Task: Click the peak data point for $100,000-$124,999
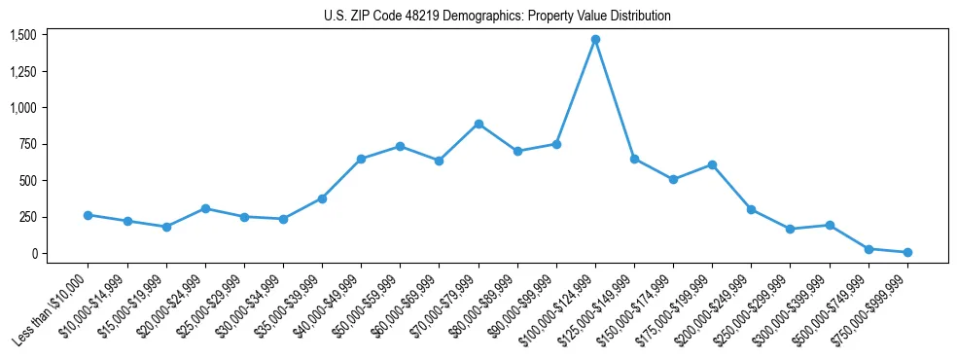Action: point(595,40)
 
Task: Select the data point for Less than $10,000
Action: point(89,215)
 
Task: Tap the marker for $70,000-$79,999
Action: point(478,124)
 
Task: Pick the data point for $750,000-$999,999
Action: point(907,252)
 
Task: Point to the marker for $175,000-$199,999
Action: point(712,164)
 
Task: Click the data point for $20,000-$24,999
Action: point(205,208)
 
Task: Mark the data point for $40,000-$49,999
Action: point(361,159)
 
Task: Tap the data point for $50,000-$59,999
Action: point(400,146)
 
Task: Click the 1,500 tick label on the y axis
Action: point(22,35)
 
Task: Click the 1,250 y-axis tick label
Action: point(22,71)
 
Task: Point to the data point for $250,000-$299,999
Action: point(791,229)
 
